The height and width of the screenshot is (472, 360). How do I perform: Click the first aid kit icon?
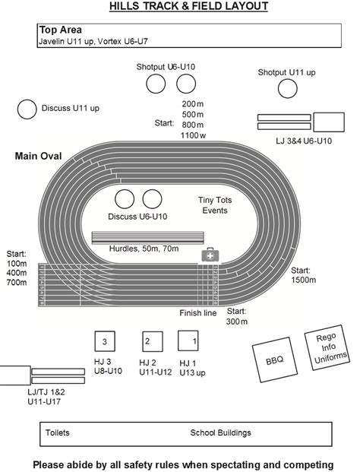point(210,255)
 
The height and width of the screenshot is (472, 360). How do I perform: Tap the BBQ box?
point(275,360)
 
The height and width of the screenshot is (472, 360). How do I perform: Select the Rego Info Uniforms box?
point(327,347)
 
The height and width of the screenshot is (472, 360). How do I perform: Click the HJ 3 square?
point(105,341)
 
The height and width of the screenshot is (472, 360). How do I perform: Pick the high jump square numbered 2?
point(153,342)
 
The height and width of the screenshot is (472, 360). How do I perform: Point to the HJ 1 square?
point(188,341)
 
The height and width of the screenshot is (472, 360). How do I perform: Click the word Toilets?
point(58,432)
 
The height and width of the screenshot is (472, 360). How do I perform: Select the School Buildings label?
point(220,432)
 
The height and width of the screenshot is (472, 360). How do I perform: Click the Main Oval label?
point(38,156)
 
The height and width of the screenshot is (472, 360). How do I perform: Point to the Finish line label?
point(198,313)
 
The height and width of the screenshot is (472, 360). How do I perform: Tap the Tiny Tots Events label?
point(215,205)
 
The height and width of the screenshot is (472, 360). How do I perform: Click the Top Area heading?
point(61,30)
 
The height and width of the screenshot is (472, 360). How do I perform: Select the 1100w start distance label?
point(193,135)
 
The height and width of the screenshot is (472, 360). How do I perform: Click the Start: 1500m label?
point(303,275)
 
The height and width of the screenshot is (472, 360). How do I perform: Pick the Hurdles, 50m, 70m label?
point(144,249)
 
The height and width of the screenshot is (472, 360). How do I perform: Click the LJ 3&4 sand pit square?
point(329,122)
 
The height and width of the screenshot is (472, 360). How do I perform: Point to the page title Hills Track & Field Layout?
point(188,6)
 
